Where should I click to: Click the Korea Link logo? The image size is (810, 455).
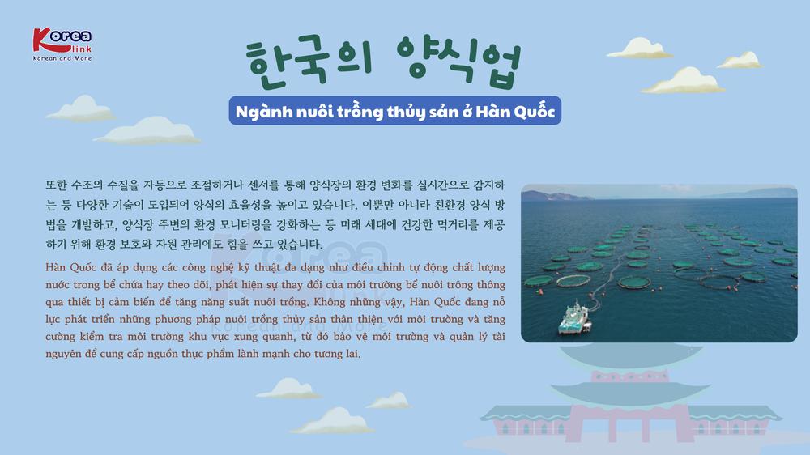[62, 45]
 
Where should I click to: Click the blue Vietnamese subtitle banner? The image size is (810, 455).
[395, 111]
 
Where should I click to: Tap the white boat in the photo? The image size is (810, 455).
[574, 317]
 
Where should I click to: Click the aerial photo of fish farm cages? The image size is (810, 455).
[659, 263]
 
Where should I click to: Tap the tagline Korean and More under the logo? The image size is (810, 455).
[62, 58]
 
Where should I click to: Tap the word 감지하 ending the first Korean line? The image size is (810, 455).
[488, 185]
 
